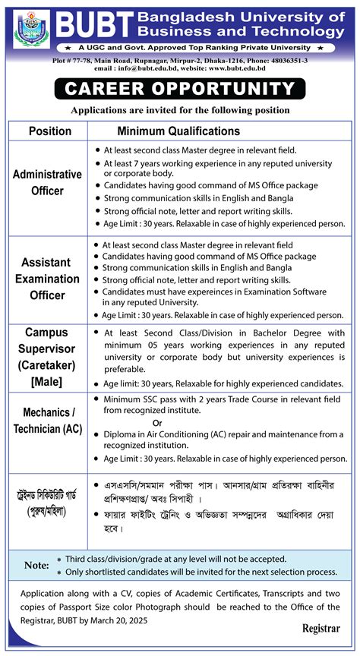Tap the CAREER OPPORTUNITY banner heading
click(x=179, y=89)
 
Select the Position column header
click(x=50, y=131)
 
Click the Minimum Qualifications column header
click(x=178, y=131)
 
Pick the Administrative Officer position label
click(x=48, y=183)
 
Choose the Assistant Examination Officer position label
click(x=48, y=279)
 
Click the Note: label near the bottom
click(x=36, y=565)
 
